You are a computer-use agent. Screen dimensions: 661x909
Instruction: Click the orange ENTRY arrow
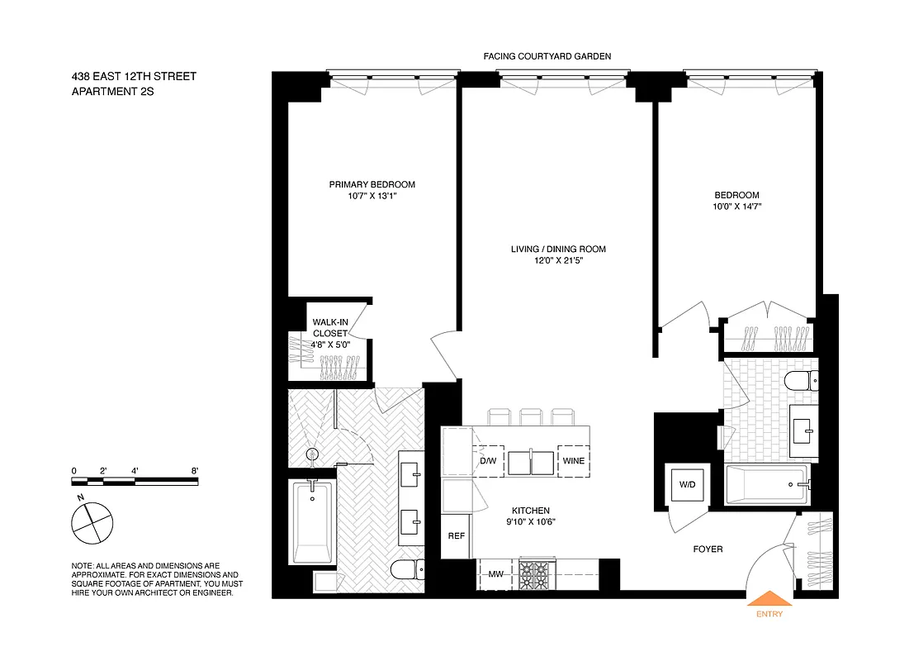coord(769,598)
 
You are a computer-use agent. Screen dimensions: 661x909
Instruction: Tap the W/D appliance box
coord(687,484)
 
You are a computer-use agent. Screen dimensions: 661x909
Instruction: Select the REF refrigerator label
coord(455,535)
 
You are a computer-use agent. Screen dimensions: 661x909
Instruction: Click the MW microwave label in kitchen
coord(495,574)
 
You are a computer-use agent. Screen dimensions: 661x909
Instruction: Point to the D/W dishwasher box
coord(488,461)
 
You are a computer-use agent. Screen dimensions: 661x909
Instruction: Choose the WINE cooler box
coord(574,461)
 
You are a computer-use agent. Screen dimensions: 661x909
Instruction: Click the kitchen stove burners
coord(532,573)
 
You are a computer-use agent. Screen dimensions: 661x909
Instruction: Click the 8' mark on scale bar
coord(195,471)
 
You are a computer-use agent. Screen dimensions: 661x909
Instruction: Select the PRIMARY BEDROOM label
coord(372,184)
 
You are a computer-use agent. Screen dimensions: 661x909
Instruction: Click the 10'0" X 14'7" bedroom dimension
coord(737,207)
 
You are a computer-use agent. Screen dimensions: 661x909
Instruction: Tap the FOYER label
coord(708,548)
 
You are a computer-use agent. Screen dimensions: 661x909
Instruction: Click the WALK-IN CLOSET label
coord(329,328)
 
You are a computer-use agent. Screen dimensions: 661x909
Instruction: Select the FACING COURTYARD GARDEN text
coord(547,57)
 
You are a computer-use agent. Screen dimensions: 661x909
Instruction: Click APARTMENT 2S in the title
coord(113,92)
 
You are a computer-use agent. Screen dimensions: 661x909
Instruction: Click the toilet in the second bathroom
coord(798,381)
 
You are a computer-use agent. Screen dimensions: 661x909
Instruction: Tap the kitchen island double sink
coord(531,462)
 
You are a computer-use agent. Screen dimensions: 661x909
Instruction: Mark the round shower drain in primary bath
coord(312,454)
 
